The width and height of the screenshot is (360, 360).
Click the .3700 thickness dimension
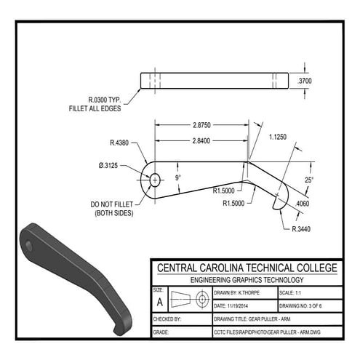point(304,81)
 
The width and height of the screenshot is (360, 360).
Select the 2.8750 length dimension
point(201,126)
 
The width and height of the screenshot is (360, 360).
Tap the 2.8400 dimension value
point(201,140)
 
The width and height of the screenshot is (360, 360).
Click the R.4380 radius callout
point(119,143)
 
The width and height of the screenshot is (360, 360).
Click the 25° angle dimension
point(308,180)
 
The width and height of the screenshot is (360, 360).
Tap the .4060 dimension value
point(302,204)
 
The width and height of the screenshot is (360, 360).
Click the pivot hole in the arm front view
point(153,177)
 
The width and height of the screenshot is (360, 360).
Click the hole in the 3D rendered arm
point(29,244)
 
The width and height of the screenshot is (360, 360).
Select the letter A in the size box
point(160,301)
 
